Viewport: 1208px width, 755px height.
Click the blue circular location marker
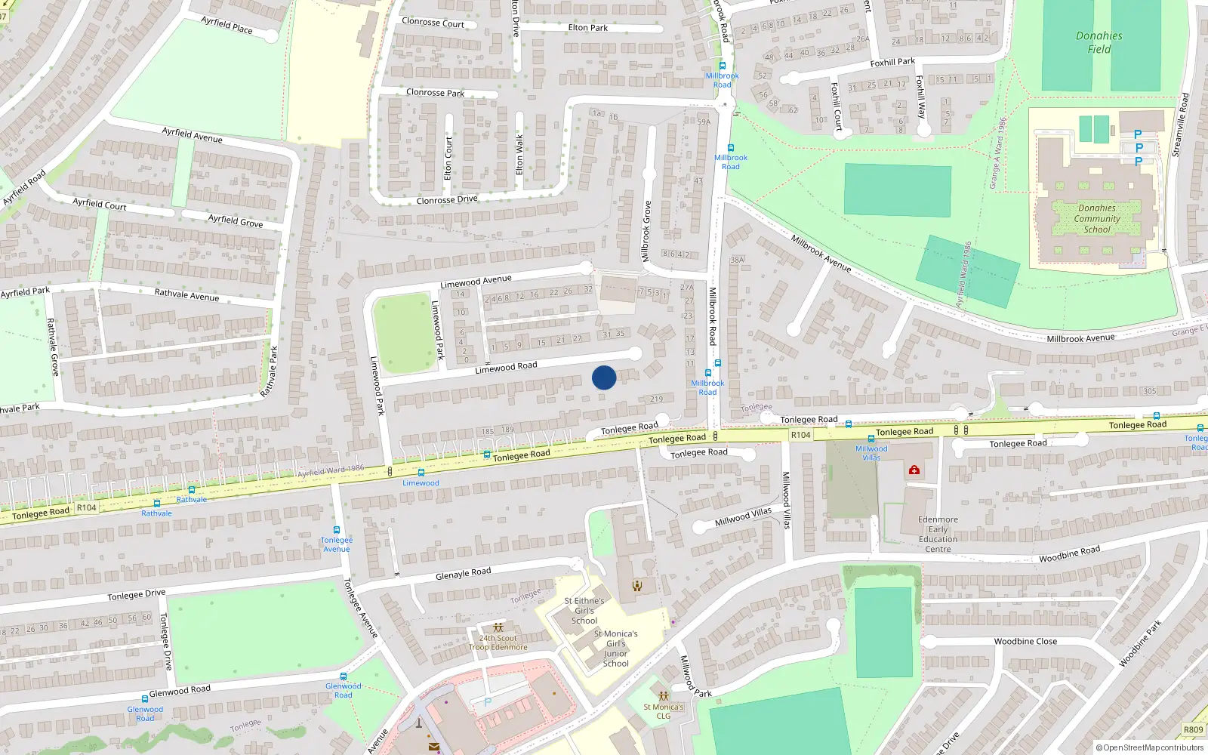coord(604,377)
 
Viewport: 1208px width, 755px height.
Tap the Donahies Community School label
coord(1097,218)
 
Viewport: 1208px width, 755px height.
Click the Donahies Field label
coord(1099,42)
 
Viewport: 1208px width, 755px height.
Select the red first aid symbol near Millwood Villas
coord(914,470)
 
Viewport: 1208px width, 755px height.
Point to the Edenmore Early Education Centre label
coord(938,534)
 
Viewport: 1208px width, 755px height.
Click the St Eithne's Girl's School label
coord(584,611)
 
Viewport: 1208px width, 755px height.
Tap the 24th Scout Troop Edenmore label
coord(498,643)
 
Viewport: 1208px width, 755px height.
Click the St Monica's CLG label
coord(663,711)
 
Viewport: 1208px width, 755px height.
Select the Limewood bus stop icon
coord(421,473)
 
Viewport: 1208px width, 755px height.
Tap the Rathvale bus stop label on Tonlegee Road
coord(191,500)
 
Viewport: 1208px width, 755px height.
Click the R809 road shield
coord(1193,729)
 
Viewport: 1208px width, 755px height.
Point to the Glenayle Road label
coord(463,574)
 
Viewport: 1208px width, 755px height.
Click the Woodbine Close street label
coord(1025,641)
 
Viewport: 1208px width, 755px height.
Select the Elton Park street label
coord(588,28)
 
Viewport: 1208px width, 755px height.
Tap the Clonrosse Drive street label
coord(447,200)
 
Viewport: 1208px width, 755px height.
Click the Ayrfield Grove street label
coord(236,220)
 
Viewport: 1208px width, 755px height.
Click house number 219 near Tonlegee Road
coord(656,399)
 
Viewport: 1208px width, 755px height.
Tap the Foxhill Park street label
coord(892,62)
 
